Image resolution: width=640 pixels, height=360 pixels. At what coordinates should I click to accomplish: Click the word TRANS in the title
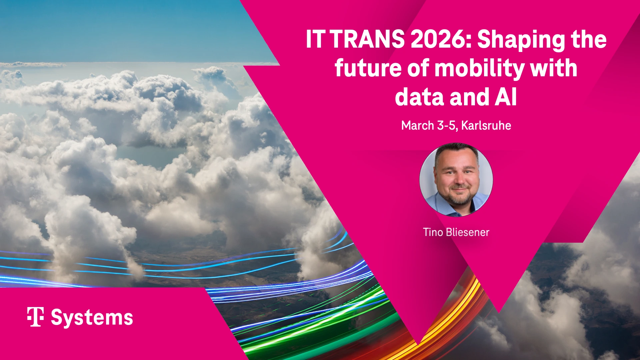pos(368,39)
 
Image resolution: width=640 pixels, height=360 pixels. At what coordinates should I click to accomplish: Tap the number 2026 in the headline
pos(438,39)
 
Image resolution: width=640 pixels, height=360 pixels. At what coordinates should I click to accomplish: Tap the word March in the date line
pos(417,126)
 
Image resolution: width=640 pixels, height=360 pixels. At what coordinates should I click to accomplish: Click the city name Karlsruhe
pos(486,126)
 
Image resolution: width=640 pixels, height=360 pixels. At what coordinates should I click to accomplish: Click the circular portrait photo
pos(456,180)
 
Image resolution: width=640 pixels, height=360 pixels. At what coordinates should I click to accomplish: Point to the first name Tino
pos(433,232)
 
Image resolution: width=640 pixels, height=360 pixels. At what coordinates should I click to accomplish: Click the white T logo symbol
pos(35,317)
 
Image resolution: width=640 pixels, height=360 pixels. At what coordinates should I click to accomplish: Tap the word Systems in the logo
pos(92,318)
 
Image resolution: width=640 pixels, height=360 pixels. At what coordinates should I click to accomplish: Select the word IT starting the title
pos(315,39)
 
